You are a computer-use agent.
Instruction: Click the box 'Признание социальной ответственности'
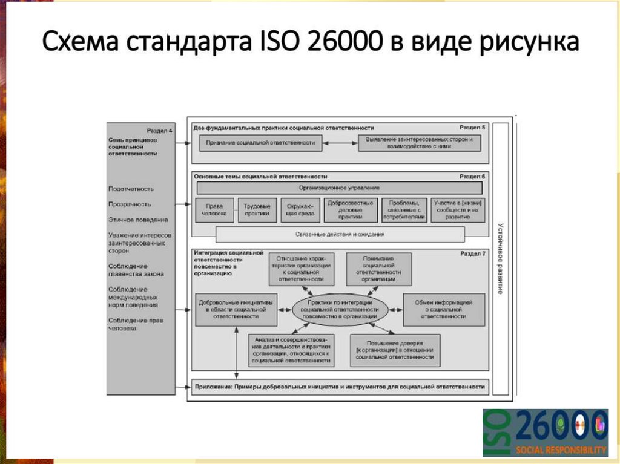(x=261, y=143)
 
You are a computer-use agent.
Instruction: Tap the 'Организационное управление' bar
(x=339, y=189)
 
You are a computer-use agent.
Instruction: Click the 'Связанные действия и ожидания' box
(x=340, y=234)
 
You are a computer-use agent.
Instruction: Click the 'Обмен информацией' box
(x=444, y=309)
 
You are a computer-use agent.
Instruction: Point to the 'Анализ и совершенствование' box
(x=291, y=350)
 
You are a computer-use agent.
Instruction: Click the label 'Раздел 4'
(x=159, y=131)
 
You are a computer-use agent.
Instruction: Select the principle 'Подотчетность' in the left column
(x=131, y=189)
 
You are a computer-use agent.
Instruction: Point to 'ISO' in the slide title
(x=279, y=43)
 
